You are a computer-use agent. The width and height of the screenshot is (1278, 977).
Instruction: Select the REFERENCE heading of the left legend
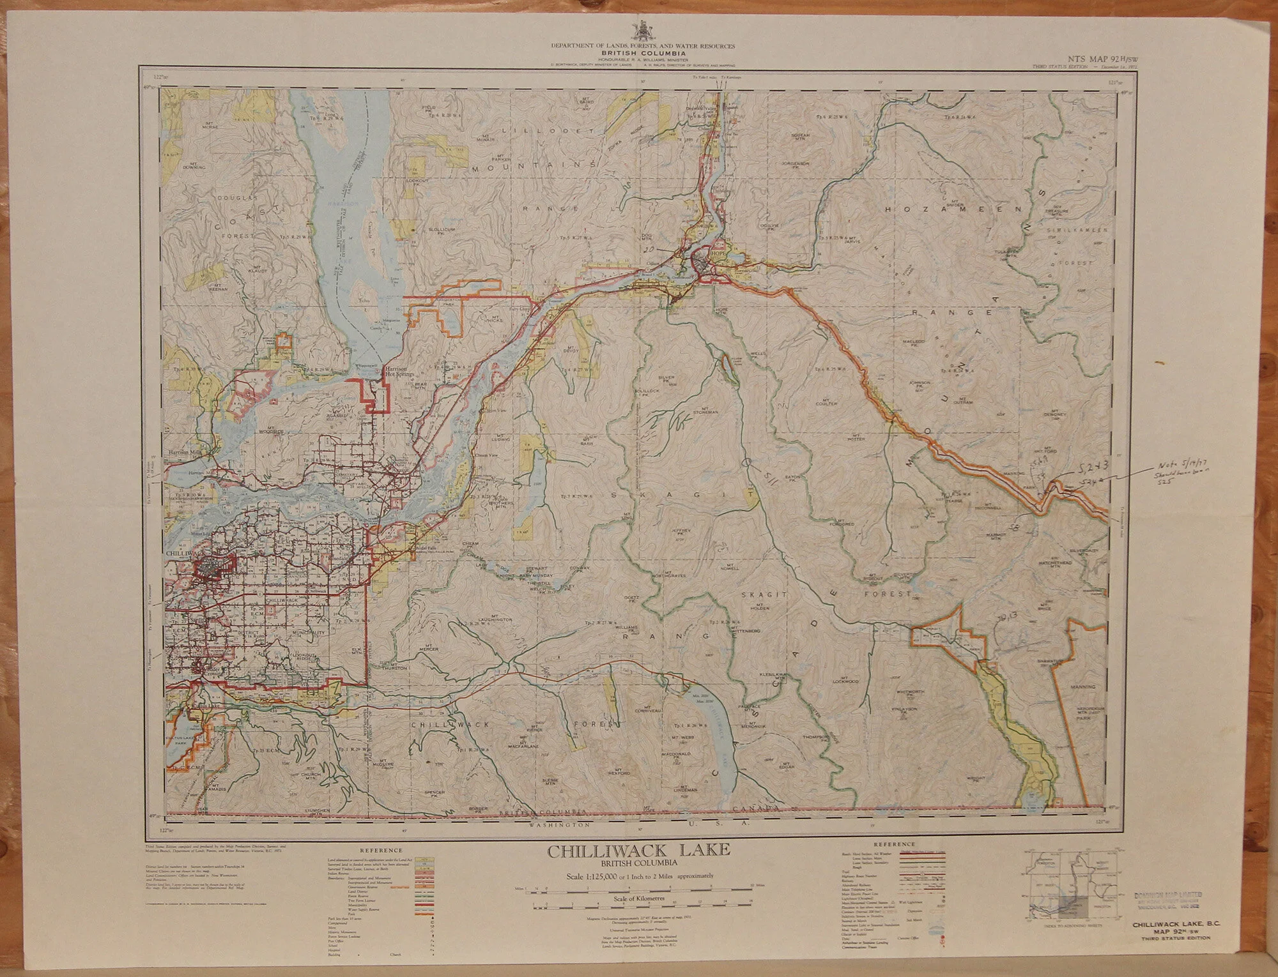(x=381, y=851)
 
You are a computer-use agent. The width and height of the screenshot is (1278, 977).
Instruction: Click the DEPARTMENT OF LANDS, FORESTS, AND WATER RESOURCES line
(x=643, y=46)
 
